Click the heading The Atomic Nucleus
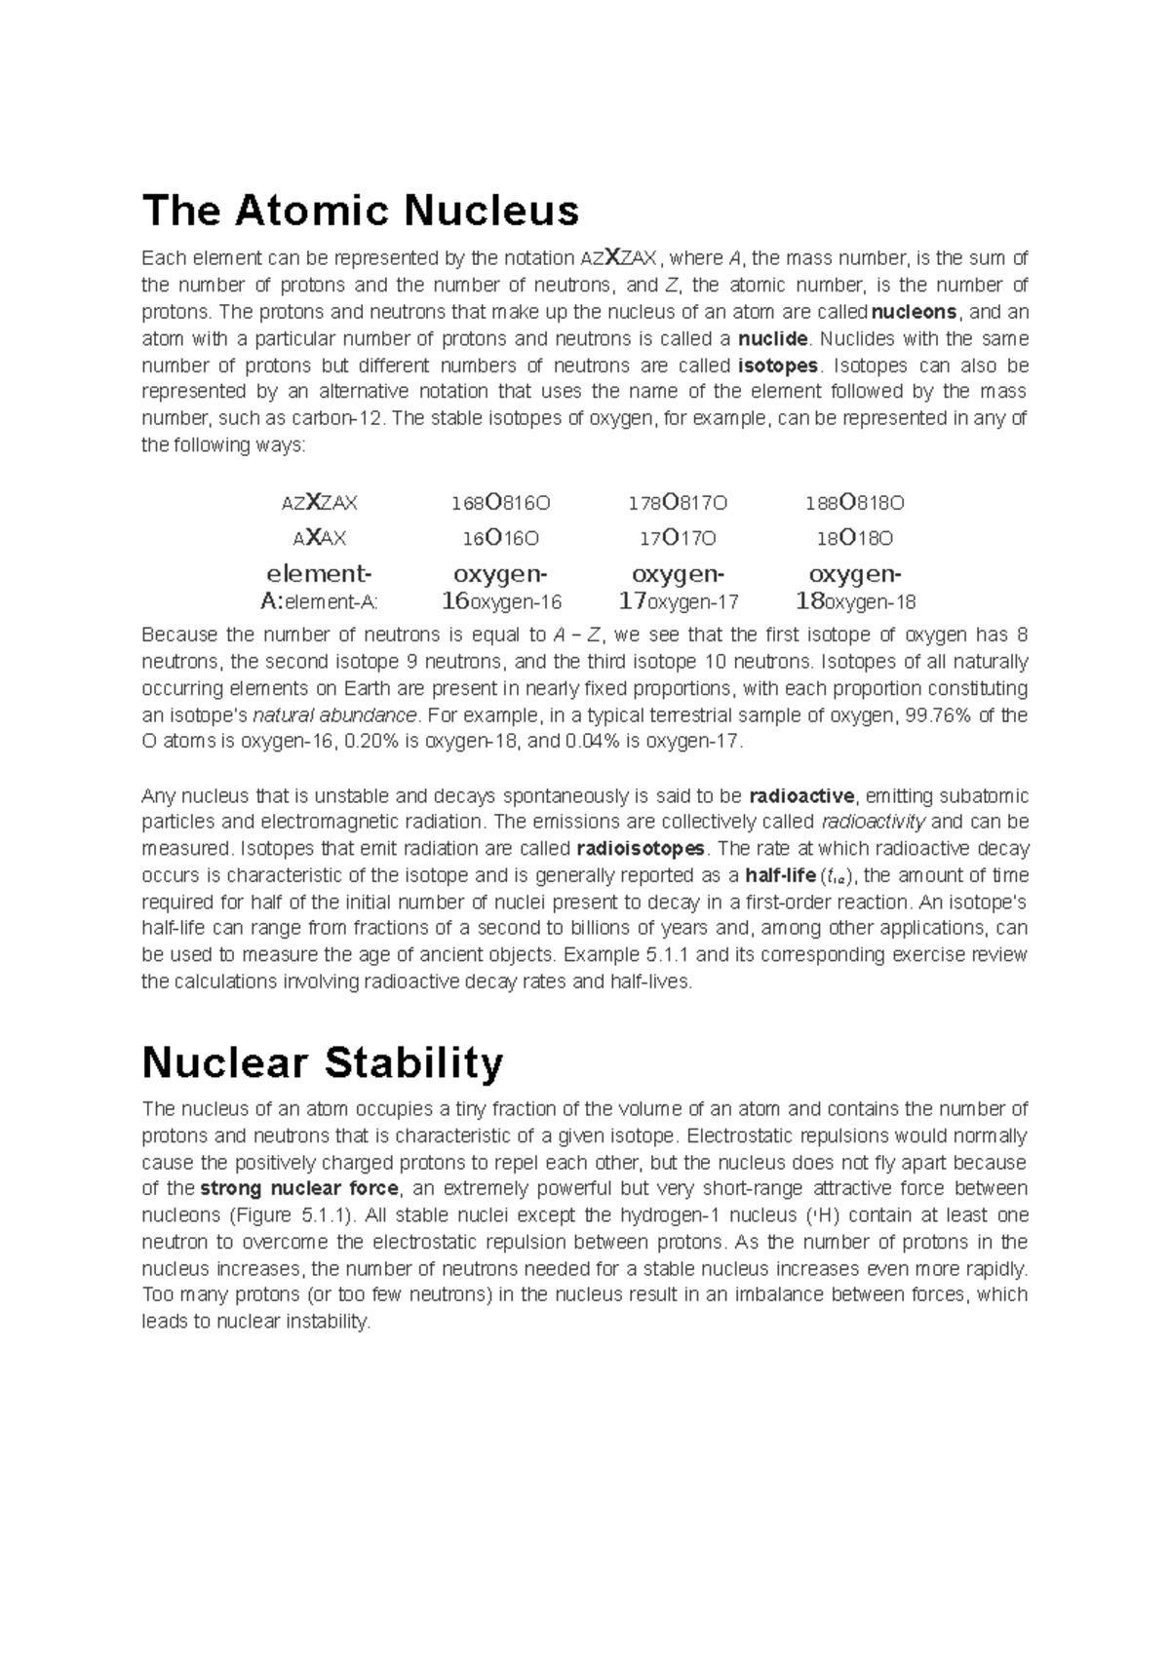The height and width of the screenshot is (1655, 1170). [x=360, y=211]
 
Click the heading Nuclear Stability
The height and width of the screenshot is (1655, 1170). [x=322, y=1062]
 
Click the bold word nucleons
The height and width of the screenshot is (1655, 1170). [x=915, y=313]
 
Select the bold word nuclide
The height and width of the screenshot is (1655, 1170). [x=773, y=339]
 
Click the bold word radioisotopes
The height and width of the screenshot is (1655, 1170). [x=641, y=848]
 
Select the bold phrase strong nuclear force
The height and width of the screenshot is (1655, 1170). [x=298, y=1189]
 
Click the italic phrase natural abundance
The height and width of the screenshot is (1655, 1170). [x=334, y=715]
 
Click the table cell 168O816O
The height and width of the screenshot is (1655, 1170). [x=500, y=504]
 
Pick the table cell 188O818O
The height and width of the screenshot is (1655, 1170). [x=855, y=504]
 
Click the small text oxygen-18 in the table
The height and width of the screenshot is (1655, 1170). [x=872, y=602]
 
